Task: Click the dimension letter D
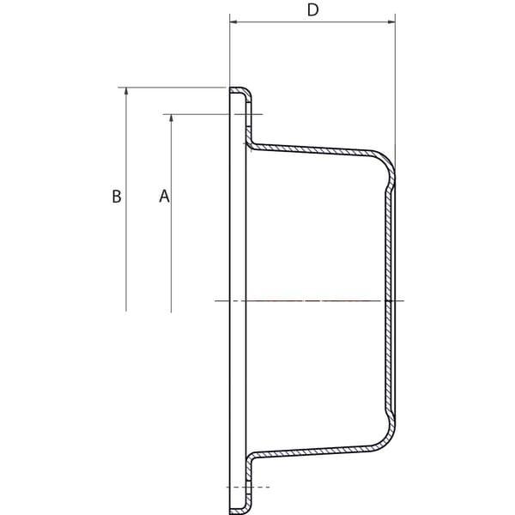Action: click(x=312, y=10)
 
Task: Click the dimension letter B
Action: click(x=117, y=197)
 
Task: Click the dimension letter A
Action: click(x=164, y=196)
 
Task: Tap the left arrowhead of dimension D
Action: click(x=233, y=22)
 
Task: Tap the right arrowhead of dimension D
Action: click(x=391, y=22)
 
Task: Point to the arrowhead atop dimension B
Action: click(x=126, y=92)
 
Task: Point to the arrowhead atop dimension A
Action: click(x=171, y=118)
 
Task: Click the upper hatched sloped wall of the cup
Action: click(x=312, y=148)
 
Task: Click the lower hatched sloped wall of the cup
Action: click(x=312, y=451)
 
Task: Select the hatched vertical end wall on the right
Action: click(x=390, y=300)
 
